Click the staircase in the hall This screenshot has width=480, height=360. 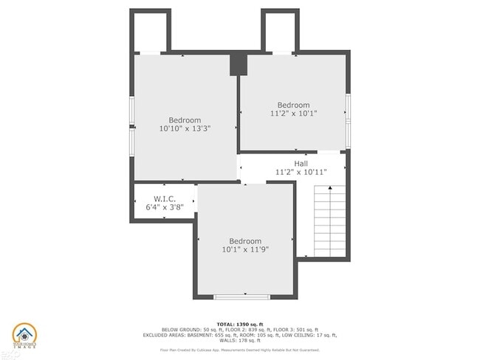click(329, 220)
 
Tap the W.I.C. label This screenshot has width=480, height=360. click(163, 198)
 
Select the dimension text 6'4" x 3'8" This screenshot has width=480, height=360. click(163, 207)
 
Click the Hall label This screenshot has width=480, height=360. click(301, 163)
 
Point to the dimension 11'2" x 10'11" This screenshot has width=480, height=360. click(301, 172)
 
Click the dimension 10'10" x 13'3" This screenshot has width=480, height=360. click(185, 128)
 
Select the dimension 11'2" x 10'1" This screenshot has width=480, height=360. click(293, 114)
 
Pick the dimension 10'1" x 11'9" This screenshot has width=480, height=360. click(244, 250)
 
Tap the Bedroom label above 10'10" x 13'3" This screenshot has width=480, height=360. click(185, 120)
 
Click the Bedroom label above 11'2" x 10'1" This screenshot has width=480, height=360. click(293, 105)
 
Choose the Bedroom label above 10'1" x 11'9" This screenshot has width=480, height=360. click(244, 241)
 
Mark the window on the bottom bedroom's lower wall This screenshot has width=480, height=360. click(241, 297)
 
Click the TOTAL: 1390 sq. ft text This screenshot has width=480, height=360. click(241, 324)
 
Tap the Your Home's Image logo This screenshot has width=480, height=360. click(24, 336)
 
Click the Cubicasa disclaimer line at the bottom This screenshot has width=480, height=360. click(241, 350)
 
